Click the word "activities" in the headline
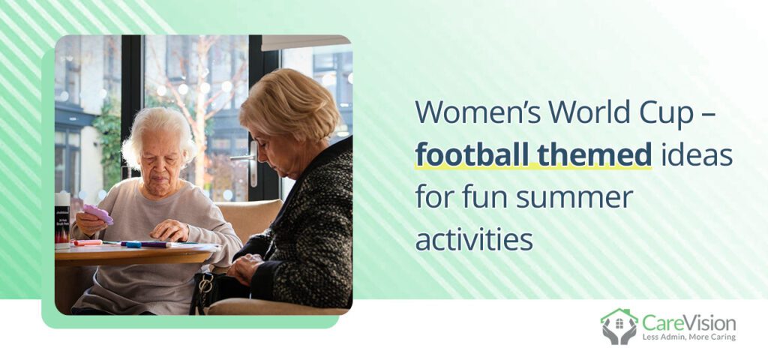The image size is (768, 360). point(475,240)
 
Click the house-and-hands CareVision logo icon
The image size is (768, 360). point(619,326)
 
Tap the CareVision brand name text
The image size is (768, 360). point(688,323)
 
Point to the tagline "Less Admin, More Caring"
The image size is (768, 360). point(688,337)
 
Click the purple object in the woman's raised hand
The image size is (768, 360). point(98,214)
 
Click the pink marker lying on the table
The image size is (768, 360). point(87,242)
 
